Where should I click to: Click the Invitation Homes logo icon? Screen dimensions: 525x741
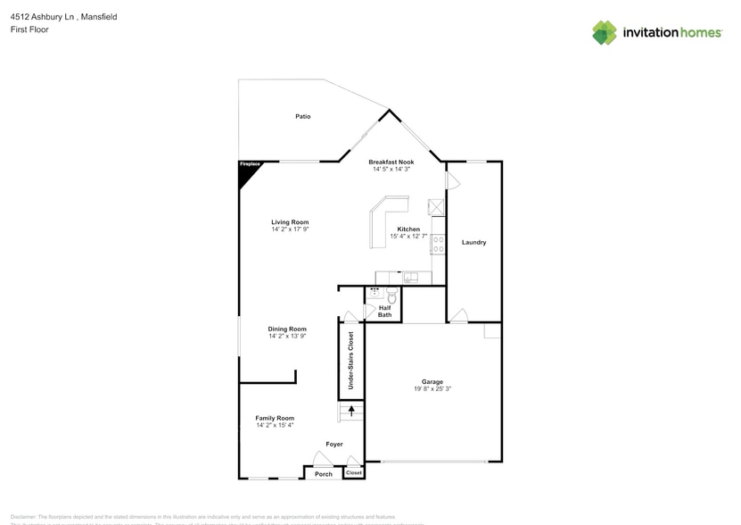point(605,33)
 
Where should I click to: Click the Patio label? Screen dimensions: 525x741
point(303,117)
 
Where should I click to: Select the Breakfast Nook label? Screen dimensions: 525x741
point(391,162)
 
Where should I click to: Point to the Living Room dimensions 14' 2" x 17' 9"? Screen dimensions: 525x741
point(290,229)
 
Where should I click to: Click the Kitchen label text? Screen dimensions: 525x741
point(408,229)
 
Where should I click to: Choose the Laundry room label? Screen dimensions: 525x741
point(473,242)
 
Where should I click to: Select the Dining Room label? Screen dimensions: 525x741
point(287,329)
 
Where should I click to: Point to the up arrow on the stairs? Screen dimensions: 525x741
point(351,412)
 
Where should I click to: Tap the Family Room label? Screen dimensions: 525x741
point(275,418)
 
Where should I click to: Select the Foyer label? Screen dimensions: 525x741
point(333,444)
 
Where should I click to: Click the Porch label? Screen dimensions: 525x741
point(324,474)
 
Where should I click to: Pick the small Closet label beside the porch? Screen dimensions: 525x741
point(354,473)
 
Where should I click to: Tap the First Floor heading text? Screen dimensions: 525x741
point(30,29)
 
